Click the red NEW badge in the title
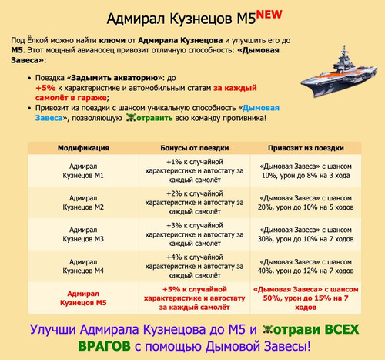(x=269, y=15)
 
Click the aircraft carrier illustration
(x=339, y=72)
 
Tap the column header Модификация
(x=83, y=148)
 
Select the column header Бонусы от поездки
(x=195, y=148)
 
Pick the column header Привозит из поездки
(x=306, y=148)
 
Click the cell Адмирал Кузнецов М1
(x=83, y=171)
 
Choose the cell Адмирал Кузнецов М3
(x=83, y=234)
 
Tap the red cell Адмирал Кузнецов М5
(x=83, y=298)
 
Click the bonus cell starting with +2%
(x=195, y=203)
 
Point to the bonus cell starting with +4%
(x=195, y=266)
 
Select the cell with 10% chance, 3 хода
(x=306, y=171)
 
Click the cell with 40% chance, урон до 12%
(x=306, y=266)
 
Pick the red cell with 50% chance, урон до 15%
(x=306, y=298)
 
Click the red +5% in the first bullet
(x=45, y=88)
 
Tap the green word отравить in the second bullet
(x=155, y=118)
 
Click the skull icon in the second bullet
(x=131, y=118)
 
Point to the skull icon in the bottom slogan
(x=268, y=329)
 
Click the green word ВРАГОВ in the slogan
(x=104, y=346)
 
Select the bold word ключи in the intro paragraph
(x=112, y=41)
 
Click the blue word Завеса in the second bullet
(x=49, y=118)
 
